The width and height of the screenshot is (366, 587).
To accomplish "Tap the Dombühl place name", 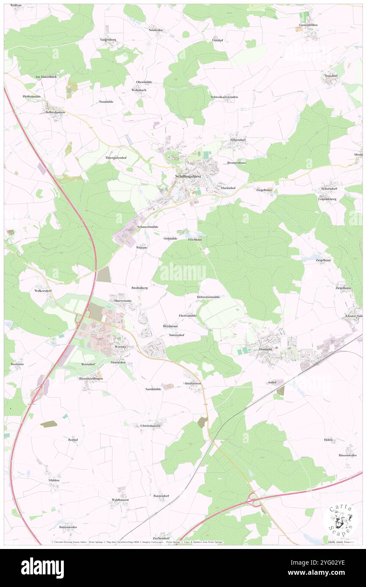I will click(x=265, y=349).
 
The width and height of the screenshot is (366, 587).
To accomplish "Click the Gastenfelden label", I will click(x=308, y=25).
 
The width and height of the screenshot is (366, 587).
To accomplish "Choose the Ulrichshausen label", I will click(x=150, y=426).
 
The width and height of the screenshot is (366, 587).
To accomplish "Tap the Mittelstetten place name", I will click(x=192, y=383).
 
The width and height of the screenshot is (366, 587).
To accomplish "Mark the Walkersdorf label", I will click(x=43, y=291).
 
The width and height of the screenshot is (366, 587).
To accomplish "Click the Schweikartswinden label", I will click(x=224, y=97).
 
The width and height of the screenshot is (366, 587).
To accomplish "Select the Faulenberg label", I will click(x=108, y=39).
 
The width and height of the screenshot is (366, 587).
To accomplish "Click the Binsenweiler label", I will click(x=347, y=455).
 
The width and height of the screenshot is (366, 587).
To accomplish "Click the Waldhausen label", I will click(x=120, y=500).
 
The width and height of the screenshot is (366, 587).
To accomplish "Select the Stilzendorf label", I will click(x=238, y=140).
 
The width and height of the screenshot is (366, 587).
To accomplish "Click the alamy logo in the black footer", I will click(x=42, y=568).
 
